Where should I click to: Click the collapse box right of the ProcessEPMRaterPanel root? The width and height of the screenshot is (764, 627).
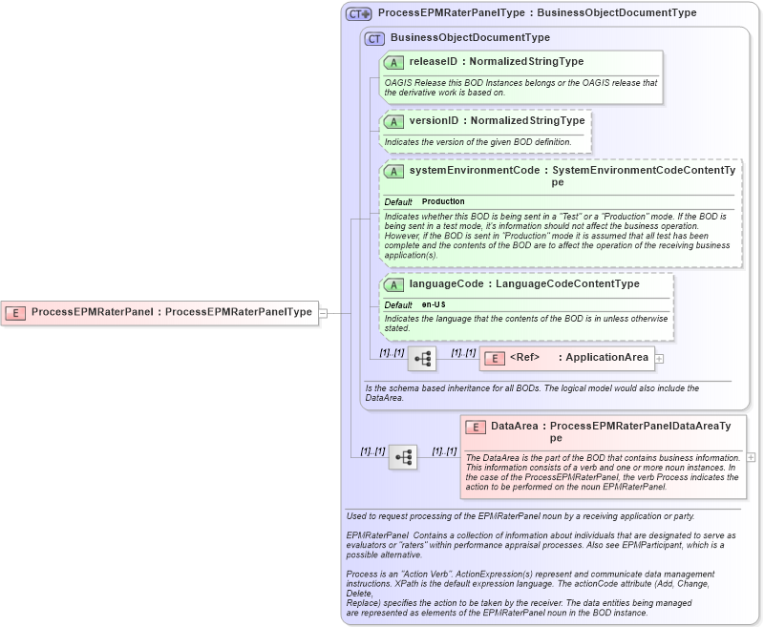coord(323,312)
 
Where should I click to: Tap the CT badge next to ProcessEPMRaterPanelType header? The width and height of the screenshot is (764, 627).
coord(359,13)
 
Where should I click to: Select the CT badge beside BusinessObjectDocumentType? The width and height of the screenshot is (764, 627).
coord(374,38)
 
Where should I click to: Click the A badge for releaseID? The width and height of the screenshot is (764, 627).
coord(393,62)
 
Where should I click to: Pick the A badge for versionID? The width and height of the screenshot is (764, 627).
coord(393,121)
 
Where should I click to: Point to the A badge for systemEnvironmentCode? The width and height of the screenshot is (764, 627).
coord(393,171)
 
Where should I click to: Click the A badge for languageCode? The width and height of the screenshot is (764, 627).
coord(393,284)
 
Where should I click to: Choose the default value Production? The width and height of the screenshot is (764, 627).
coord(443,202)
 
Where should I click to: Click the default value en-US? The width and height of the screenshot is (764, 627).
coord(435,304)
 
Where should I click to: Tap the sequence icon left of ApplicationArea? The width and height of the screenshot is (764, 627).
coord(422,359)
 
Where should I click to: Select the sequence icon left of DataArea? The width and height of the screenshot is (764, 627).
coord(403,457)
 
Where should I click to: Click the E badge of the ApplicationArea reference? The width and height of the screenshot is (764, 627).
coord(495,358)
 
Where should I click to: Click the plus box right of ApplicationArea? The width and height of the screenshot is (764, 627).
coord(659,358)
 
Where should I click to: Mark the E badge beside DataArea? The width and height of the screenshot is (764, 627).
coord(476,427)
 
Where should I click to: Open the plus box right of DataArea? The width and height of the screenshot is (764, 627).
coord(751,457)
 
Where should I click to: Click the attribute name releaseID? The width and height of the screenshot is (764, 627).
coord(435,62)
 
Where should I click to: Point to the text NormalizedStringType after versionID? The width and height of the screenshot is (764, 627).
coord(527,121)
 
